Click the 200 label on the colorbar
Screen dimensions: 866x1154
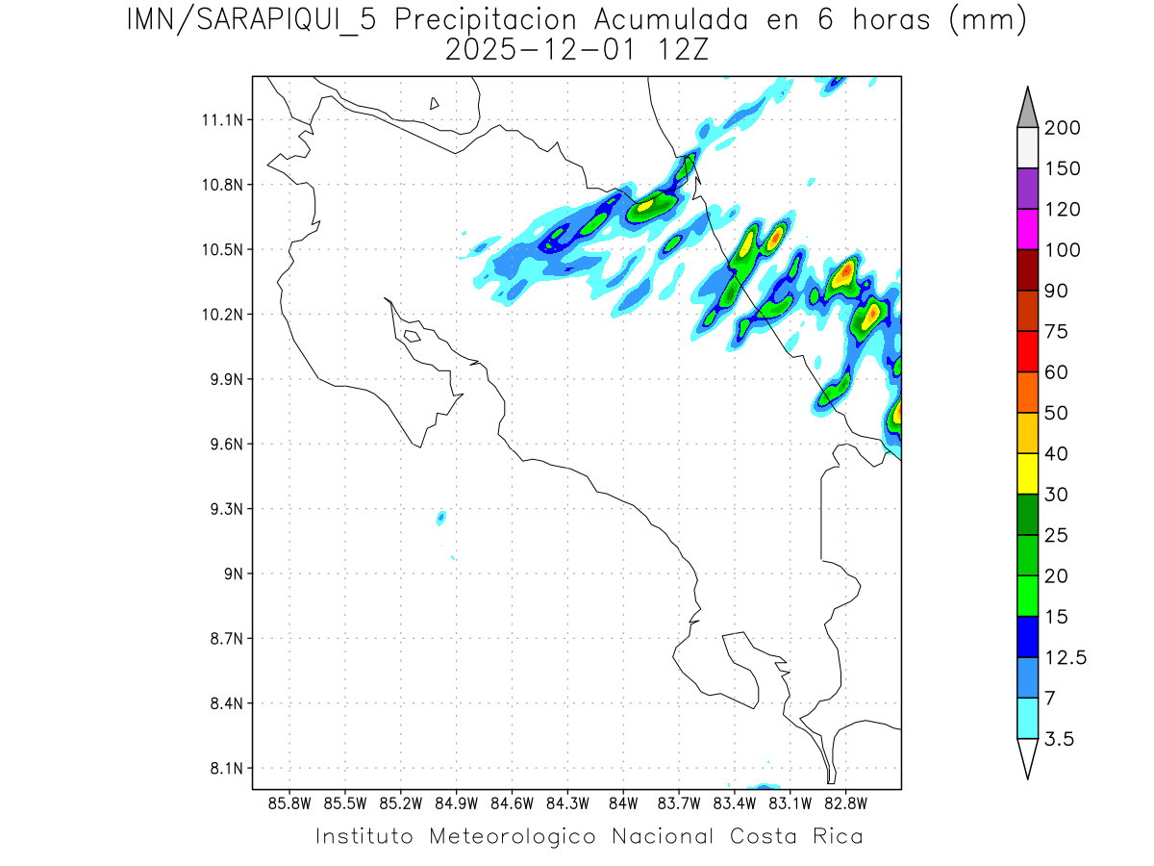click(x=1063, y=129)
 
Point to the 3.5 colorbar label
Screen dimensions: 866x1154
click(x=1062, y=739)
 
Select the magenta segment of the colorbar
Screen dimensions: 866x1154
click(x=1027, y=230)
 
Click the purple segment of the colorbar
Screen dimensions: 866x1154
click(x=1027, y=189)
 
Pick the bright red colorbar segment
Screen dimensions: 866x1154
click(x=1027, y=351)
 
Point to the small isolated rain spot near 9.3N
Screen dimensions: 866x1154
click(x=441, y=518)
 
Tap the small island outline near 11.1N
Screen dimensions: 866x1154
click(x=435, y=103)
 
